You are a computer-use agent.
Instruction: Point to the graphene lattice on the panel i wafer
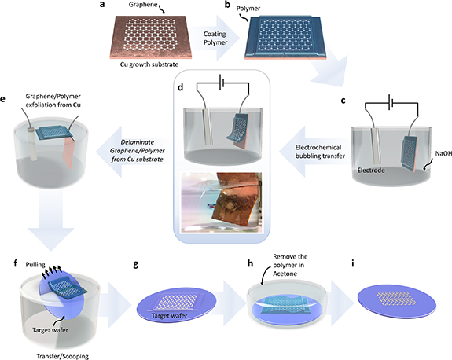(x=397, y=298)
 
